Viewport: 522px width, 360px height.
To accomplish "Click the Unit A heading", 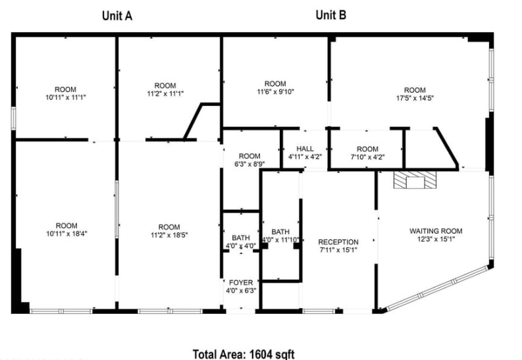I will [x=117, y=16].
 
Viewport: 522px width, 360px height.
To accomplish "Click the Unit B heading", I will [x=331, y=15].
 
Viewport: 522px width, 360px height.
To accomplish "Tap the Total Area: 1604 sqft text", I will [x=243, y=353].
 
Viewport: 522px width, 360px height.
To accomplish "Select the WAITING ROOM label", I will [x=436, y=231].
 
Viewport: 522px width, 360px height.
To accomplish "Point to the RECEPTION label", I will [x=338, y=242].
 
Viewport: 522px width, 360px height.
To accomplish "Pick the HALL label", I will [x=305, y=149].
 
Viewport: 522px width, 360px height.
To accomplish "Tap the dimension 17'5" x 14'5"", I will [x=415, y=99].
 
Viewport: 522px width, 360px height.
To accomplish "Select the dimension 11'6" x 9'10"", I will [x=275, y=92].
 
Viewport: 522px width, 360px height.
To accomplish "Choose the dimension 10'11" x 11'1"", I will [x=66, y=97].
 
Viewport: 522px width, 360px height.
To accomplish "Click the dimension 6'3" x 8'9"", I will [x=249, y=165].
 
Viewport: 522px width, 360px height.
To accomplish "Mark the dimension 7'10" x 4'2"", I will [x=367, y=157].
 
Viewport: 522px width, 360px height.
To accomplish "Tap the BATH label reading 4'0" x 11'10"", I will [x=280, y=240].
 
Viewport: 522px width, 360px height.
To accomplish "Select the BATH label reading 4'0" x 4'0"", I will [x=240, y=246].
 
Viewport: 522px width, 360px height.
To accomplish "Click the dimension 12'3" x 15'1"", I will [x=436, y=239].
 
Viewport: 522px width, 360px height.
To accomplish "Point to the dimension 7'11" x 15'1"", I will [x=338, y=250].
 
